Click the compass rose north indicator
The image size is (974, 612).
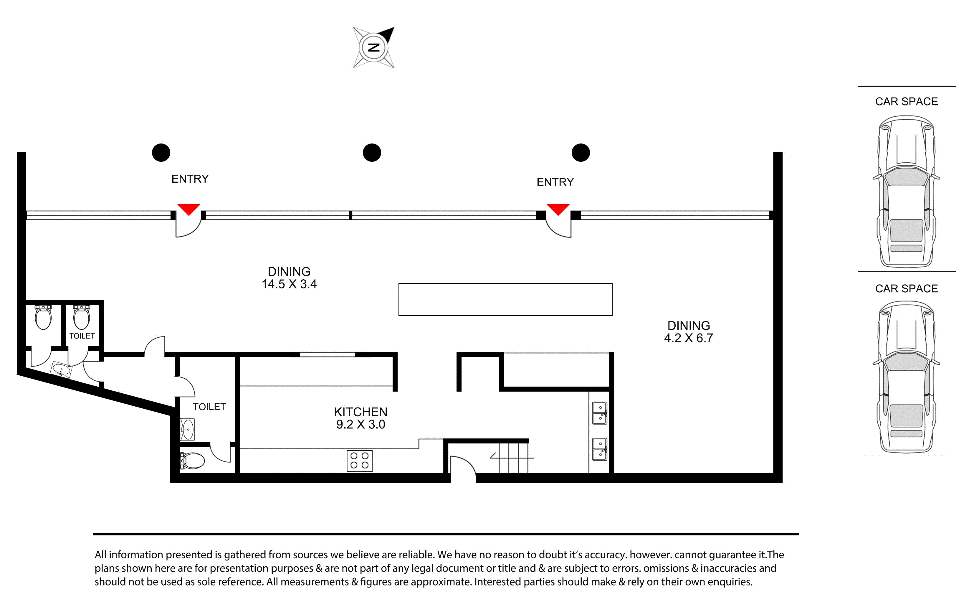click(374, 47)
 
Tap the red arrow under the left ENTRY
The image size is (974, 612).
click(189, 209)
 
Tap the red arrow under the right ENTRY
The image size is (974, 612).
click(558, 209)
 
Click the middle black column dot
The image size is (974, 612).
click(372, 153)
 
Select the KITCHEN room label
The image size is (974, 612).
click(361, 412)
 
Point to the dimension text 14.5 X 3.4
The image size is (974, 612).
click(289, 284)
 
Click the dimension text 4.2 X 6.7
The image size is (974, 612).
click(688, 338)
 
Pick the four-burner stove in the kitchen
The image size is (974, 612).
click(360, 461)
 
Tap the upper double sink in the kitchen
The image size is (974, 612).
click(599, 413)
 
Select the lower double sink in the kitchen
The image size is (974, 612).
click(599, 449)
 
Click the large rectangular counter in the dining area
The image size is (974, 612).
click(506, 300)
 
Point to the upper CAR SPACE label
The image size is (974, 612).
click(907, 102)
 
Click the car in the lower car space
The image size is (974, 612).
click(907, 377)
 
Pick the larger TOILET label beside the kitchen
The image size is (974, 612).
click(209, 407)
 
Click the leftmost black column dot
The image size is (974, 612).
click(161, 153)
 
